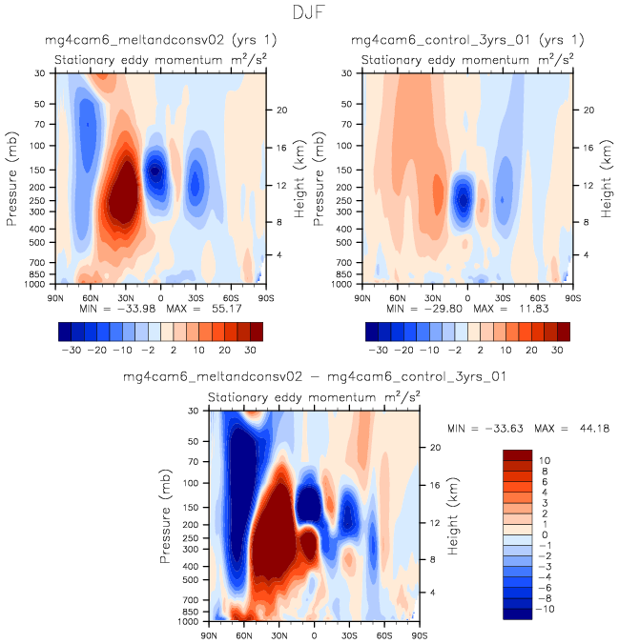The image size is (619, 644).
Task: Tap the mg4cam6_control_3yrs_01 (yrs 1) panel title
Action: pos(467,41)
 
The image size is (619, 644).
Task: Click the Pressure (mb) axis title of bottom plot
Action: pos(167,514)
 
